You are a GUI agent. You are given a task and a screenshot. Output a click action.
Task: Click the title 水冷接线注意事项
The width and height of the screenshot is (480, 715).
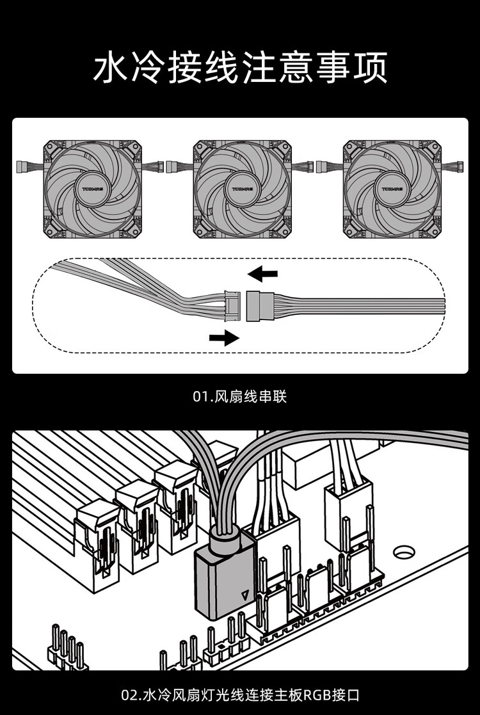pyautogui.click(x=240, y=68)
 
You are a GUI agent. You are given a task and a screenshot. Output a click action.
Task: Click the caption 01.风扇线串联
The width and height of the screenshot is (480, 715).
pyautogui.click(x=240, y=397)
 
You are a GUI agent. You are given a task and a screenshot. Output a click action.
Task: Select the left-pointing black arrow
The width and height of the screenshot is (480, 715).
pyautogui.click(x=263, y=275)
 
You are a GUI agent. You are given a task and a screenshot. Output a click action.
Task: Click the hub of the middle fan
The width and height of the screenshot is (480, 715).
pyautogui.click(x=242, y=189)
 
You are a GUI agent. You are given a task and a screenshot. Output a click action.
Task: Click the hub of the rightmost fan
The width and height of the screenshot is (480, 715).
pyautogui.click(x=391, y=189)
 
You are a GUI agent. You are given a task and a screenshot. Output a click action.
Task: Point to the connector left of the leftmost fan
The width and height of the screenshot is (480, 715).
pyautogui.click(x=24, y=167)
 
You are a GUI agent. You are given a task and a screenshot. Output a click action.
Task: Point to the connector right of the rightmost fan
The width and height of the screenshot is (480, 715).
pyautogui.click(x=460, y=167)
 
